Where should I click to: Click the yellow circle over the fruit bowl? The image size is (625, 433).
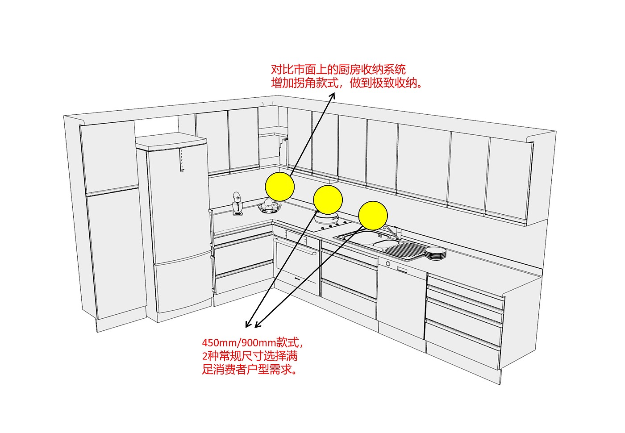coord(279,186)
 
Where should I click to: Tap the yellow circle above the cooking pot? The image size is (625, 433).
coord(328,200)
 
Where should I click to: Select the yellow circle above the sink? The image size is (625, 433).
coord(373,215)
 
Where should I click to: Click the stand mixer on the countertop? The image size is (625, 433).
coord(237,204)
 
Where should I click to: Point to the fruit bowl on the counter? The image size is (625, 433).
coord(269,207)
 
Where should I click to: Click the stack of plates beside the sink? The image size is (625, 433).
coord(435,253)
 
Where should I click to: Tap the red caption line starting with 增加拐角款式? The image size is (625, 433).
coord(346,83)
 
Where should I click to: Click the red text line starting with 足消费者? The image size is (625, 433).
coord(250,370)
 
